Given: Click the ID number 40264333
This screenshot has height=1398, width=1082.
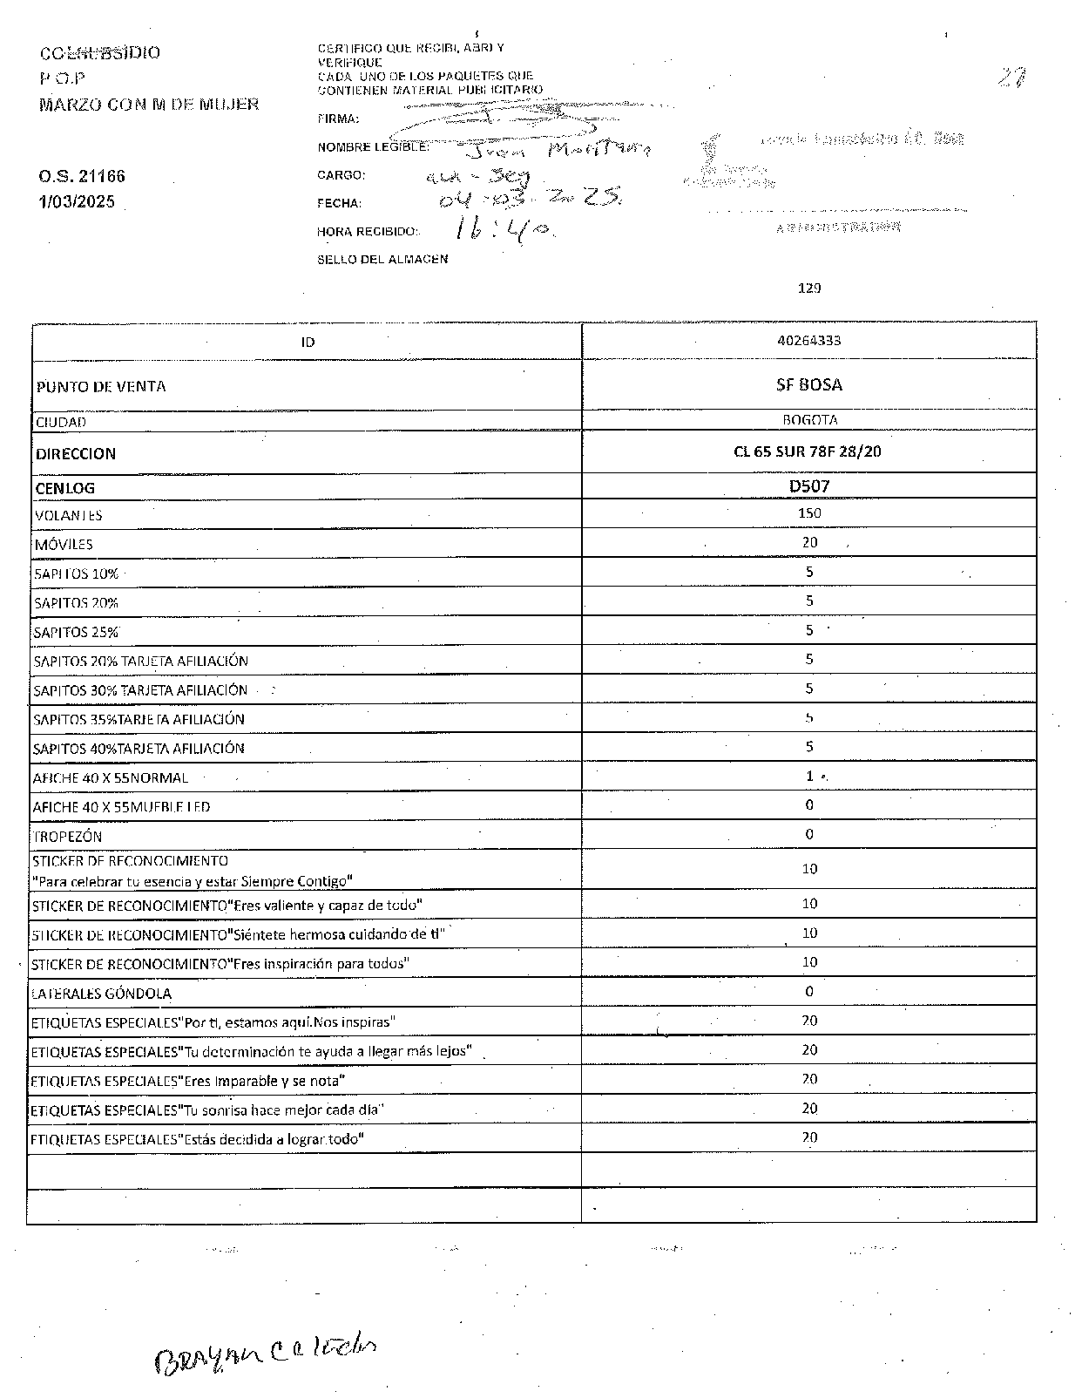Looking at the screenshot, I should coord(808,341).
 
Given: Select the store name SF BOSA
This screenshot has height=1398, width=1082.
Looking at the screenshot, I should coord(808,384).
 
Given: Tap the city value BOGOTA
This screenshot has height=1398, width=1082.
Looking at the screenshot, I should coord(809,420).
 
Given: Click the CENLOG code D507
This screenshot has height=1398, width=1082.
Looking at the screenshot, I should coord(809,486).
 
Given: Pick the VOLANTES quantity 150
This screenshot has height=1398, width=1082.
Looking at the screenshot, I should coord(809,513).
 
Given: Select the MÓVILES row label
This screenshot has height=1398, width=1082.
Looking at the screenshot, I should coord(64,545).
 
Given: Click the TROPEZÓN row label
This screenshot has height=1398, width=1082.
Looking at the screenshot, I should coord(68,837).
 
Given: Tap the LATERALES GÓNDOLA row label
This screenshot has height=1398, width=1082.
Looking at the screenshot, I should coord(102,994).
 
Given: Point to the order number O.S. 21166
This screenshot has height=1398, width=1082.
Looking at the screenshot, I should coord(82,176).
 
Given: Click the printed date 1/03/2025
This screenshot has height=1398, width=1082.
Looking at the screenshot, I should coord(77,202).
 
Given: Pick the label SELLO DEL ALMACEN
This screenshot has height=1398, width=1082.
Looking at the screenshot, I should coord(382,259).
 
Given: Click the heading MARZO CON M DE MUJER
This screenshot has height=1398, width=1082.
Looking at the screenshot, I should coord(149,105).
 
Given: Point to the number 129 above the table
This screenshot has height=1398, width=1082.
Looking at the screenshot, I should coord(809,288).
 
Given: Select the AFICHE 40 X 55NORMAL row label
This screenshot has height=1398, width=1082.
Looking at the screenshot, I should coord(111,777).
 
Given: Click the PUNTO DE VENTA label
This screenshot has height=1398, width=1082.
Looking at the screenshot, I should coord(101,386).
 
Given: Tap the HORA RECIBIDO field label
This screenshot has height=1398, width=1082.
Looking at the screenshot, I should coord(368,232).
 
